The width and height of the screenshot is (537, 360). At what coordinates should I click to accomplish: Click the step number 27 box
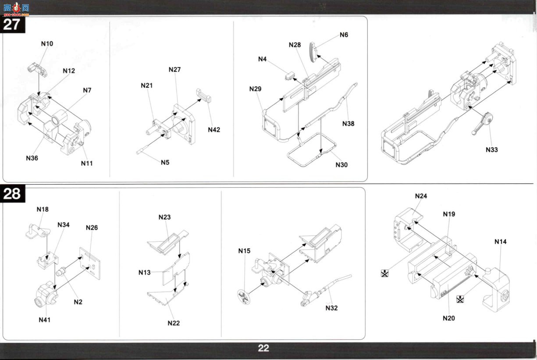pos(12,24)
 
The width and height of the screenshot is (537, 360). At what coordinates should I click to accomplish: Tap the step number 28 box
pos(12,193)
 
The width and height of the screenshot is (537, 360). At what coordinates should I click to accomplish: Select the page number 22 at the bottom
pos(263,348)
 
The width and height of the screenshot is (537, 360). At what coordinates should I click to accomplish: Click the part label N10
pos(47,44)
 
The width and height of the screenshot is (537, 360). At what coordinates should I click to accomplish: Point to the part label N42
pos(214,130)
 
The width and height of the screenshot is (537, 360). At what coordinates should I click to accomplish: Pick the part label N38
pos(348,124)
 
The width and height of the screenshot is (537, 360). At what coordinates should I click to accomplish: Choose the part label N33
pos(492,150)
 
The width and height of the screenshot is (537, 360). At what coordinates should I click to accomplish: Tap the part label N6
pos(344,35)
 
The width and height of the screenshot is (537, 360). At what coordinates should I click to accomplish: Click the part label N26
pos(92,228)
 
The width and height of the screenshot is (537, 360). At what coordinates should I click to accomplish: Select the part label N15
pos(244,251)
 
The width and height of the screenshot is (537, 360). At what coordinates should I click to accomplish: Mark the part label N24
pos(421,196)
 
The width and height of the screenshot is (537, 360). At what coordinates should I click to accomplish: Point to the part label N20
pos(449,318)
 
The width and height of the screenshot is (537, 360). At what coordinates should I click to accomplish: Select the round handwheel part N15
pos(244,297)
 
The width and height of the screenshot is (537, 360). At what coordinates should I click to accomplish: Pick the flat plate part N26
pos(90,264)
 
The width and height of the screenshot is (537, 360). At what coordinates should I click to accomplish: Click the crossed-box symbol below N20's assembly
pos(460,299)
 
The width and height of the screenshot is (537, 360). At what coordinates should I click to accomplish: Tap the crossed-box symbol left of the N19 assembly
pos(384,273)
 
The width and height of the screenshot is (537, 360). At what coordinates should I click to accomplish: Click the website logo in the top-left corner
pos(16,9)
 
